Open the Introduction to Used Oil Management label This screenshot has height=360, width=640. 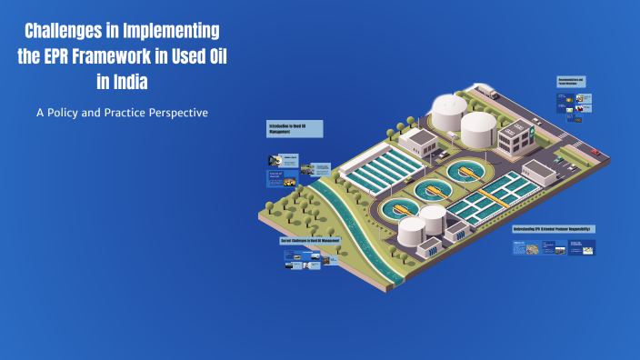coord(295,128)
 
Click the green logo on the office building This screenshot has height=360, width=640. coord(518,133)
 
